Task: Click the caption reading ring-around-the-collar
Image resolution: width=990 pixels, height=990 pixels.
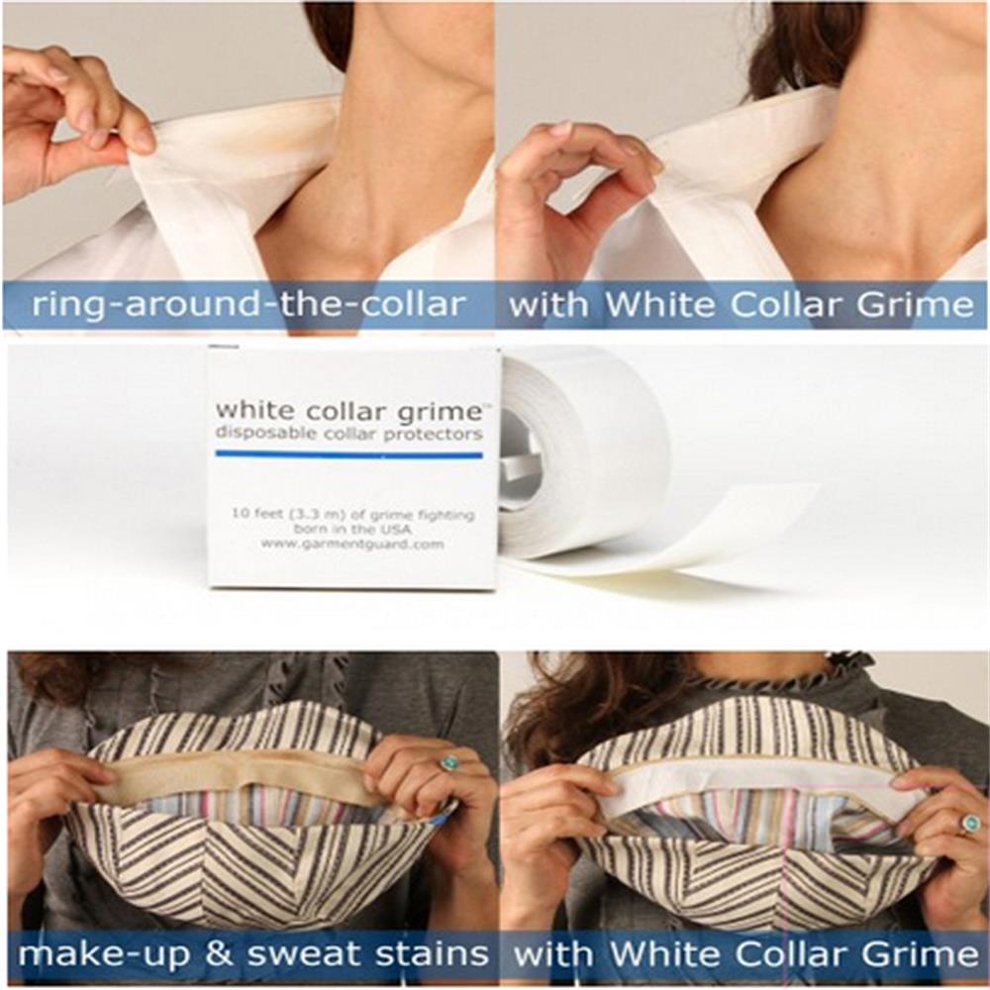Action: tap(247, 304)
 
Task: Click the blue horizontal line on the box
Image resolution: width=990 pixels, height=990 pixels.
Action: tap(348, 454)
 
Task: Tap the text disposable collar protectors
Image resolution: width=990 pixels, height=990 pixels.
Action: tap(348, 434)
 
